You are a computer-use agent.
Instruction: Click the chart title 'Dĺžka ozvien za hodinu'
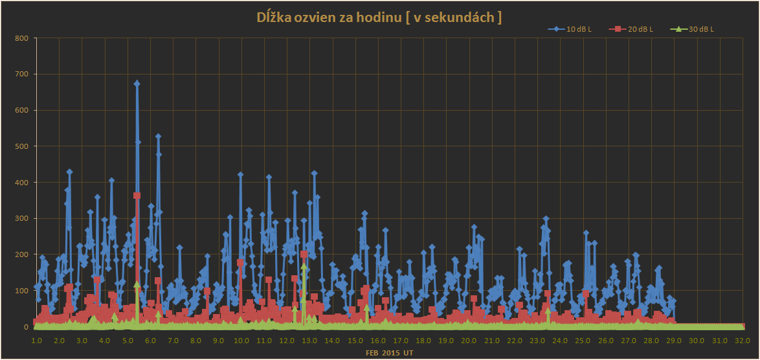[379, 17]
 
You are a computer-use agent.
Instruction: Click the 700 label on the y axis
[22, 74]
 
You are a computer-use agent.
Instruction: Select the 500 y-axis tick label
[22, 146]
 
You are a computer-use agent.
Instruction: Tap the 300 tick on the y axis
[22, 218]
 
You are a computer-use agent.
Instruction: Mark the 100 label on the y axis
[22, 291]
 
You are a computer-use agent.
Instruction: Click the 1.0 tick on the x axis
[36, 341]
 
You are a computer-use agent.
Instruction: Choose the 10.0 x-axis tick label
[241, 341]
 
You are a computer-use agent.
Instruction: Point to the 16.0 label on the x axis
[377, 341]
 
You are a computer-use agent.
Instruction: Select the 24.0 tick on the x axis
[559, 341]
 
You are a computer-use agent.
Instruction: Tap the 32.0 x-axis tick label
[742, 341]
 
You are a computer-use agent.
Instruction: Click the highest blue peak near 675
[137, 84]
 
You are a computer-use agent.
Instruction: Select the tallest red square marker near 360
[137, 196]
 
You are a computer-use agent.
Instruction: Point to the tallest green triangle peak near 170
[304, 266]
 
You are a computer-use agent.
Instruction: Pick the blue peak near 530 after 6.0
[158, 137]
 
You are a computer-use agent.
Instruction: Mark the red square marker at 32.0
[742, 326]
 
